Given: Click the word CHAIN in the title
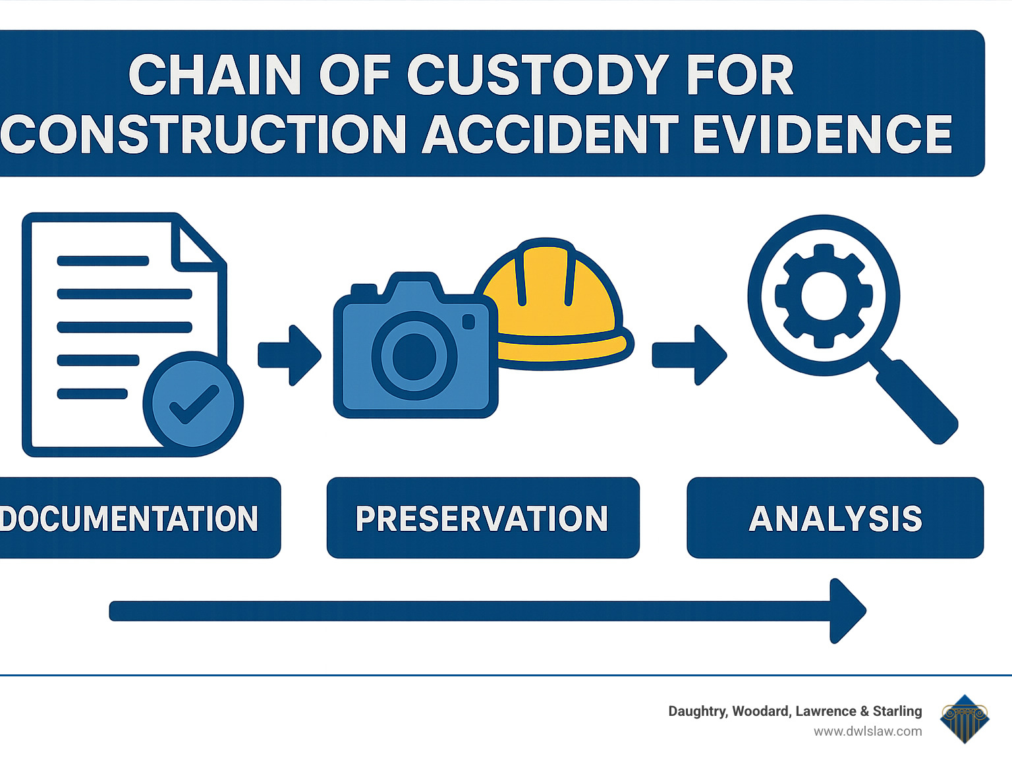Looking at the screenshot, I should coord(215,76).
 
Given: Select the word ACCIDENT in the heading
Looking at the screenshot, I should coord(550,134).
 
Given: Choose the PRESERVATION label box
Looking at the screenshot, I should coord(482,518).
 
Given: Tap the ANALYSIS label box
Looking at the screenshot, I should coord(835,518).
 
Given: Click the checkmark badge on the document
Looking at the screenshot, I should coord(193,404).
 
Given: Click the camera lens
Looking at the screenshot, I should coord(414,356).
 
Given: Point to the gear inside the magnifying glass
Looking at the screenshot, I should coord(824,296).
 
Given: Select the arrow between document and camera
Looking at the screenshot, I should coord(289,355).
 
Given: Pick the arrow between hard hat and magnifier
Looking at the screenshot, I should coord(689,355).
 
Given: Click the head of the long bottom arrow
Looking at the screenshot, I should coord(847,611).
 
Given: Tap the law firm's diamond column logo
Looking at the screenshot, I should coord(965,719).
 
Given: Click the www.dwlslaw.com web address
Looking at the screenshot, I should coord(868,731).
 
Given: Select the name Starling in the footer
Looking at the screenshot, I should coord(897,711).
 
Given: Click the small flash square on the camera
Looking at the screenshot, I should coord(468,321).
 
